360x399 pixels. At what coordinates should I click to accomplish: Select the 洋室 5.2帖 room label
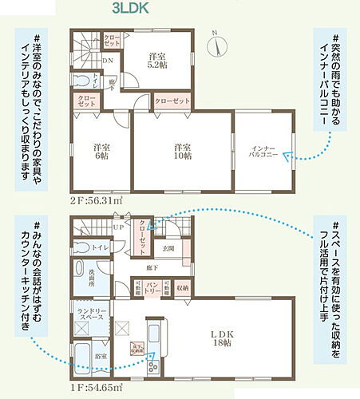pos(158,61)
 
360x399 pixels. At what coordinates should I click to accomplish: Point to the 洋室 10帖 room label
pos(182,152)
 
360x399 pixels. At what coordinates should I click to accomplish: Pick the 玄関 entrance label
pos(180,249)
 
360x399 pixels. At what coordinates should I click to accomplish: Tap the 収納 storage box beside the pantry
pos(181,288)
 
